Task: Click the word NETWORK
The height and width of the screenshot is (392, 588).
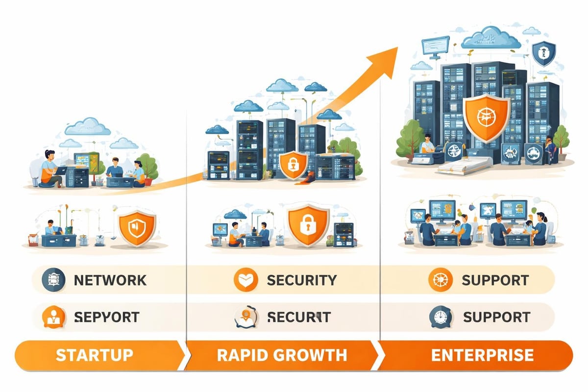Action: coord(110,280)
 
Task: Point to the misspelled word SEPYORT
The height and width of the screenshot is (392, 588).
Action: coord(106,317)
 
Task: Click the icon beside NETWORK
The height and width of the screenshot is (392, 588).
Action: coord(52,280)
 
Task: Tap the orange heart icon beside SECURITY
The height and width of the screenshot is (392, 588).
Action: coord(244,280)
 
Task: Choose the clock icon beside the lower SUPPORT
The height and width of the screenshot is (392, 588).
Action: coord(439,317)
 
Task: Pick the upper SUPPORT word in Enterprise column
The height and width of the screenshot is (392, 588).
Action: coord(495,280)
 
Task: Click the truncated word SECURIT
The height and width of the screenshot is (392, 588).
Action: coord(299,317)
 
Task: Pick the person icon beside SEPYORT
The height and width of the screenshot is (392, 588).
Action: coord(52,317)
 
